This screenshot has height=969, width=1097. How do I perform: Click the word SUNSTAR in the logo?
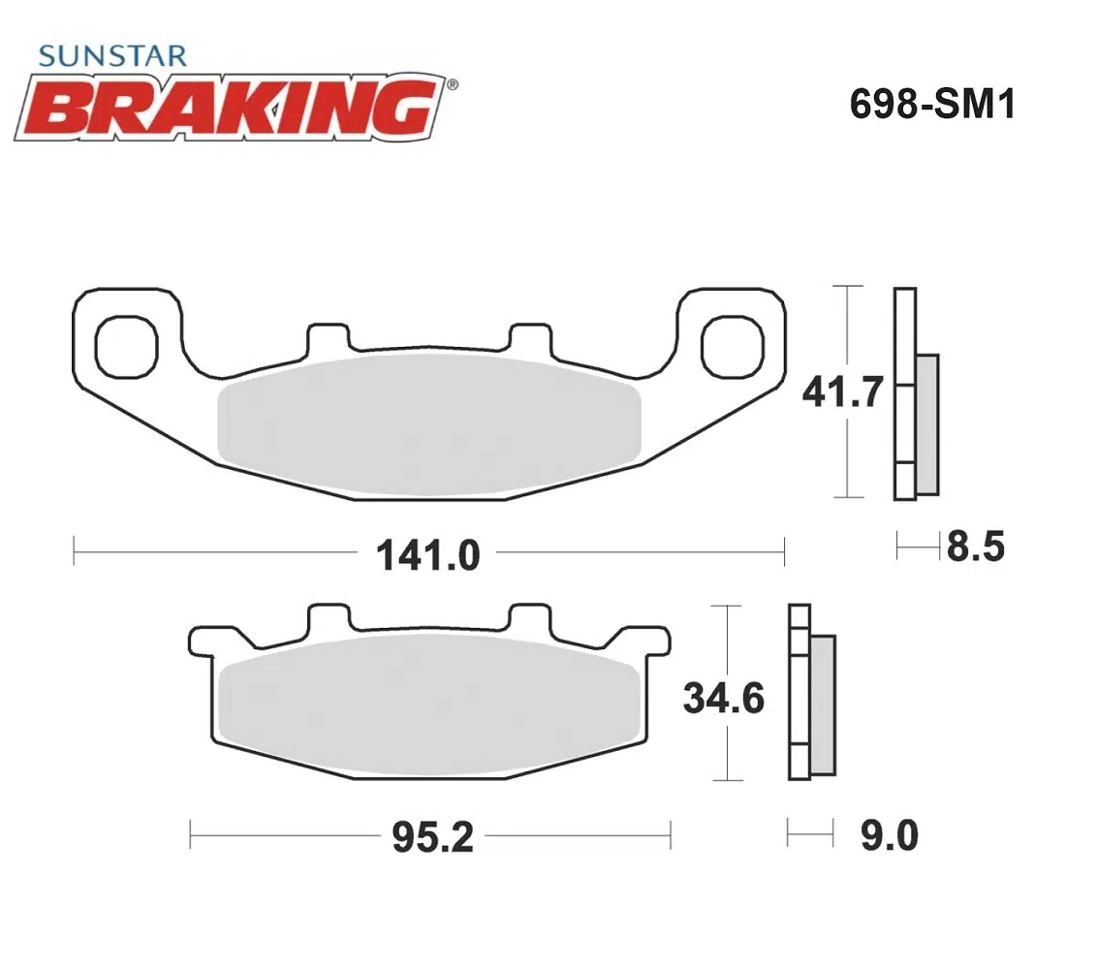tap(112, 56)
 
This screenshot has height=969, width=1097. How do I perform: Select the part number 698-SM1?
tap(932, 105)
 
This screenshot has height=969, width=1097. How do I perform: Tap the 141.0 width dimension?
tap(428, 555)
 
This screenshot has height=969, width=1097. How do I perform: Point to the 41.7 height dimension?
tap(842, 391)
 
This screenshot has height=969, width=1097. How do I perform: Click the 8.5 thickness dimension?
tap(976, 547)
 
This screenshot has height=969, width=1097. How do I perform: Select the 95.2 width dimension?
tap(432, 837)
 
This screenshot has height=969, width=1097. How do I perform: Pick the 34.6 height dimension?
tap(723, 699)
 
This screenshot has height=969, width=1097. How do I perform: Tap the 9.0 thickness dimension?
tap(889, 835)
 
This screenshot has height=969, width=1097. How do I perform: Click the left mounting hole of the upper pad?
tap(127, 347)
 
